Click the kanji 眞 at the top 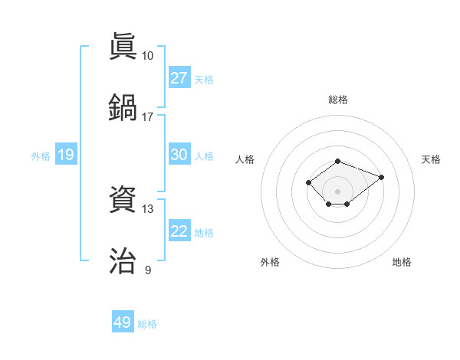coord(123,46)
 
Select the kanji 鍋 coord(123,106)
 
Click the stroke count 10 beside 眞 coord(147,56)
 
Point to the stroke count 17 coord(147,116)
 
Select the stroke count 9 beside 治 coord(148,270)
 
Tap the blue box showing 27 coord(179,77)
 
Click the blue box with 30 coord(179,155)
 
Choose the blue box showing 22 coord(179,231)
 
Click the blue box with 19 coord(65,155)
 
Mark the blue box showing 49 coord(123,322)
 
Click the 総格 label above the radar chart coord(337,100)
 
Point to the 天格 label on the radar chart coord(431,159)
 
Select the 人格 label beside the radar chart coord(245,159)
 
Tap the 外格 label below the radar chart coord(270,262)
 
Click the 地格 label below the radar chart coord(402,262)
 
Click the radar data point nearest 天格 coord(381,177)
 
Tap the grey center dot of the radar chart coord(337,191)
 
